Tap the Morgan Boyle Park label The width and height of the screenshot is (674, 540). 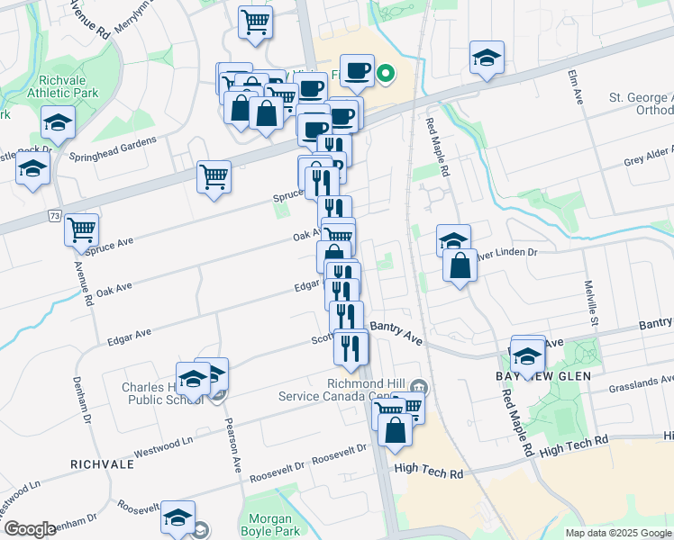tap(270, 526)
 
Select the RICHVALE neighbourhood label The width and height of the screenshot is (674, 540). tap(102, 464)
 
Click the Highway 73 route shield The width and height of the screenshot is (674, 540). tap(57, 217)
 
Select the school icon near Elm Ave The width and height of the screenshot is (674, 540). tap(487, 58)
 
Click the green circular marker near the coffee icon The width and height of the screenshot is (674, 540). tap(386, 74)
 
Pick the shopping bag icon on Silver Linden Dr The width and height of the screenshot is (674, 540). tap(460, 265)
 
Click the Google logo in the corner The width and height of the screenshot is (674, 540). tap(30, 529)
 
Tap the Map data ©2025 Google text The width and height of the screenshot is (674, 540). tap(617, 533)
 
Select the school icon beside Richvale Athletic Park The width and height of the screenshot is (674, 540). tap(58, 121)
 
